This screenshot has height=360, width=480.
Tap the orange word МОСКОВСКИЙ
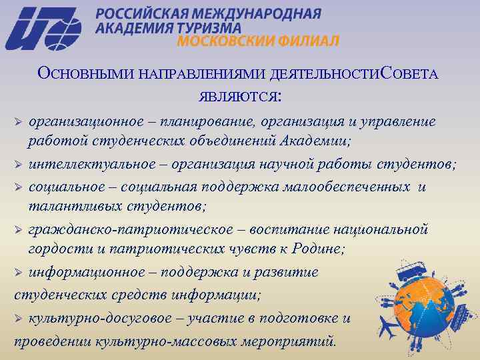tap(219, 41)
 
